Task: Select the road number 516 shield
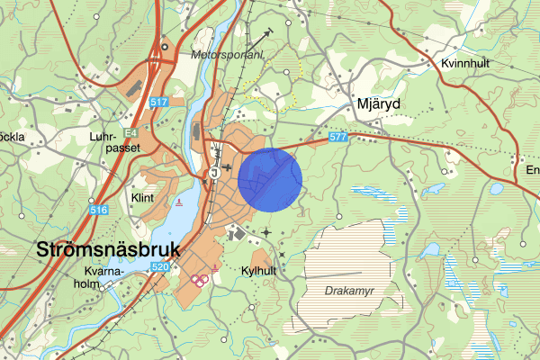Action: click(x=99, y=211)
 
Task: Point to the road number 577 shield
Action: click(x=338, y=137)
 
